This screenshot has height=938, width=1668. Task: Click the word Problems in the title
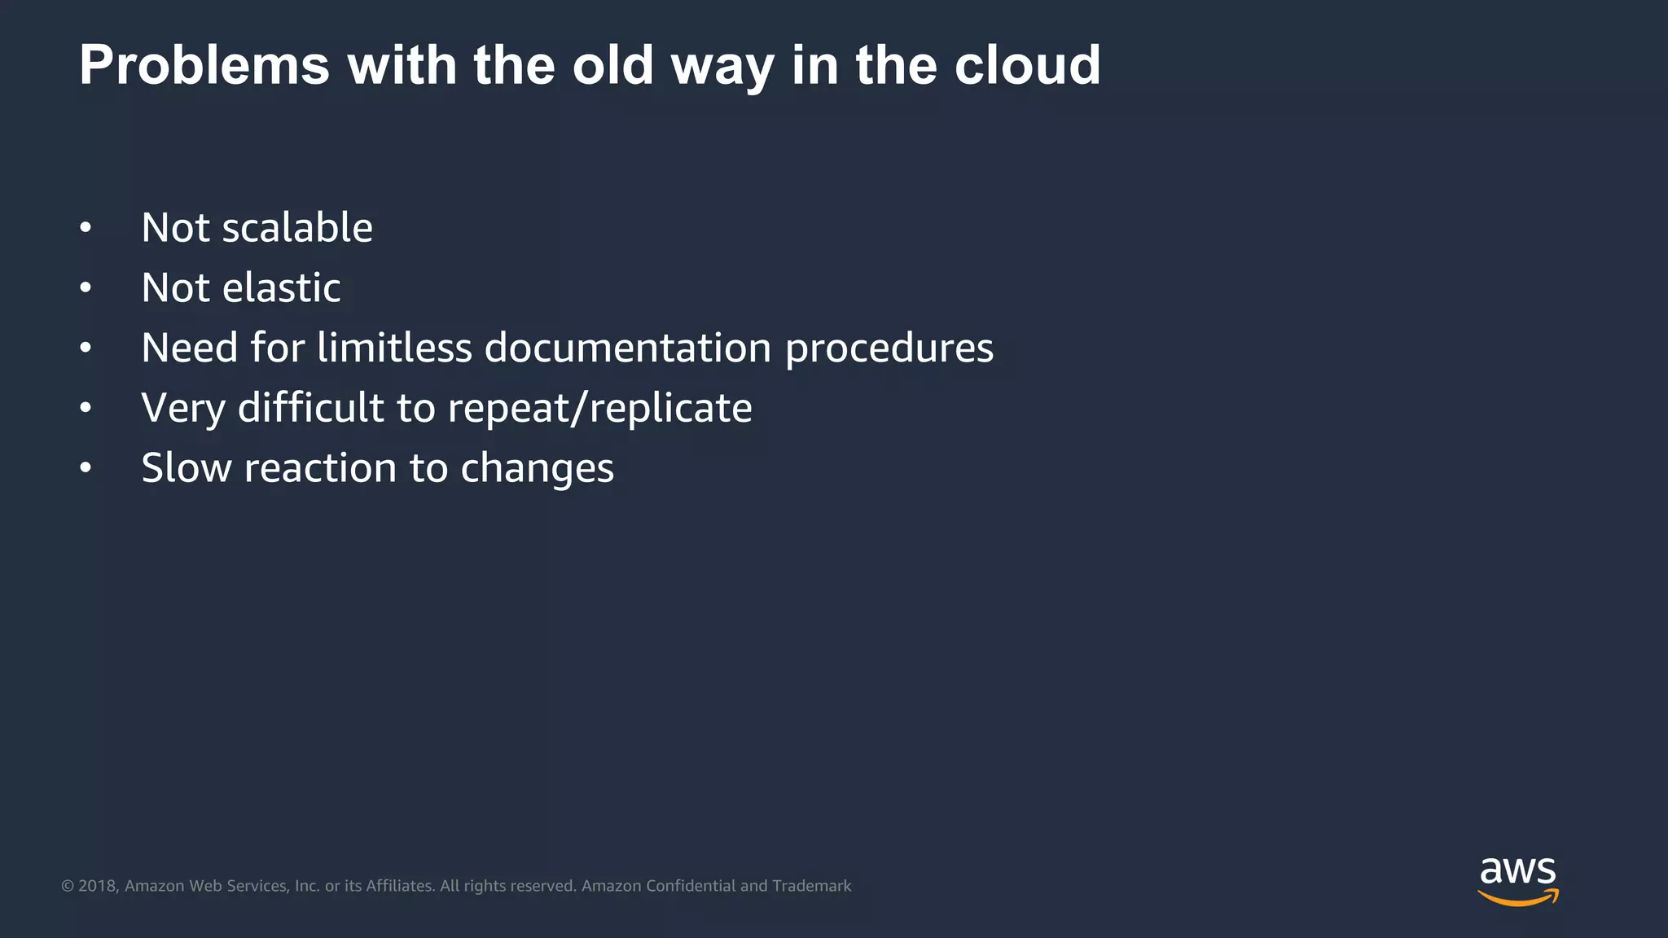204,65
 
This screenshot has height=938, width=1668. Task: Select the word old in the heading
612,65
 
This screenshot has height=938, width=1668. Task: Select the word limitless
394,348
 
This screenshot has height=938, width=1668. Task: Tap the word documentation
627,348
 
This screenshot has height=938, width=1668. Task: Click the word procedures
889,349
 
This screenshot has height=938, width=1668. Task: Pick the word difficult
310,407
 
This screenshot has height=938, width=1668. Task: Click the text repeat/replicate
599,409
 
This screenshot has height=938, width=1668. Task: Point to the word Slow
187,468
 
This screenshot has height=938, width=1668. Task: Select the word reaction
320,468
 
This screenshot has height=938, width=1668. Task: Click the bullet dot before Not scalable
86,229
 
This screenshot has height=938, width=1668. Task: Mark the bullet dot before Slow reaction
86,469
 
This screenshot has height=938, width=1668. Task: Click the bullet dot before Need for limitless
86,348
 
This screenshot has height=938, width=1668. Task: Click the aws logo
1517,880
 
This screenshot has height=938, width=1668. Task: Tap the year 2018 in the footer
98,886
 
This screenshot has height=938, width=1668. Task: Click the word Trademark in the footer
811,886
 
